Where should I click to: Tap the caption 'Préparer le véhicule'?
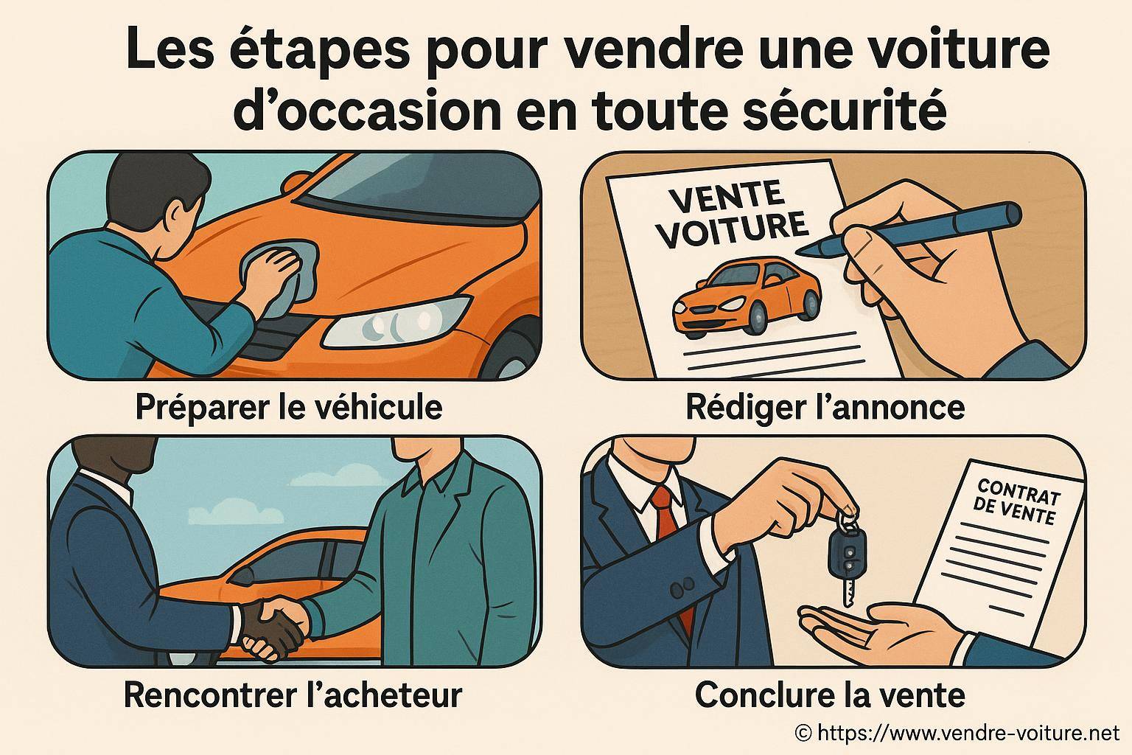pos(289,406)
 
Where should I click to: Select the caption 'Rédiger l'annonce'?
pos(825,406)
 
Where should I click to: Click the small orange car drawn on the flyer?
pos(746,295)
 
